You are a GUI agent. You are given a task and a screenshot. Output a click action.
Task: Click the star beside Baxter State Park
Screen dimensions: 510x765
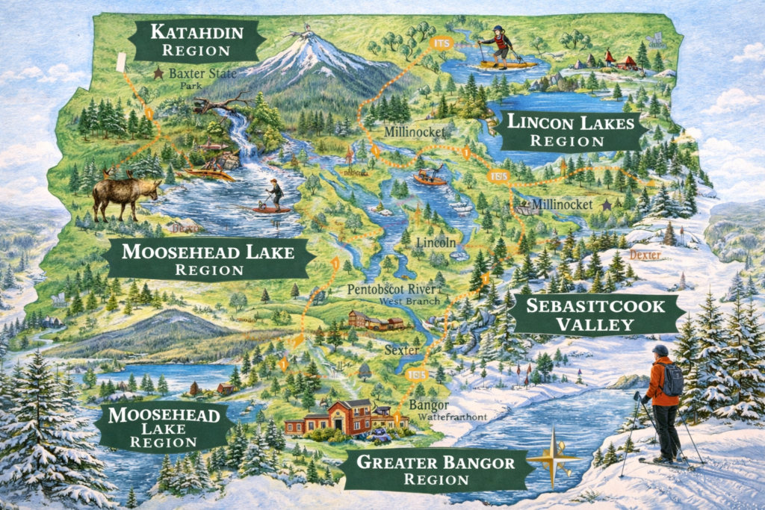click(158, 74)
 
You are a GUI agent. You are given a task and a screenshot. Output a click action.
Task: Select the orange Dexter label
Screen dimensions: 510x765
click(645, 255)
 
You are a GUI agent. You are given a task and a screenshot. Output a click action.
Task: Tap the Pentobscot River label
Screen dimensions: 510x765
click(390, 290)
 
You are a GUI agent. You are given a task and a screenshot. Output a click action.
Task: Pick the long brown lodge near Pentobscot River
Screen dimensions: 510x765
click(375, 321)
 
